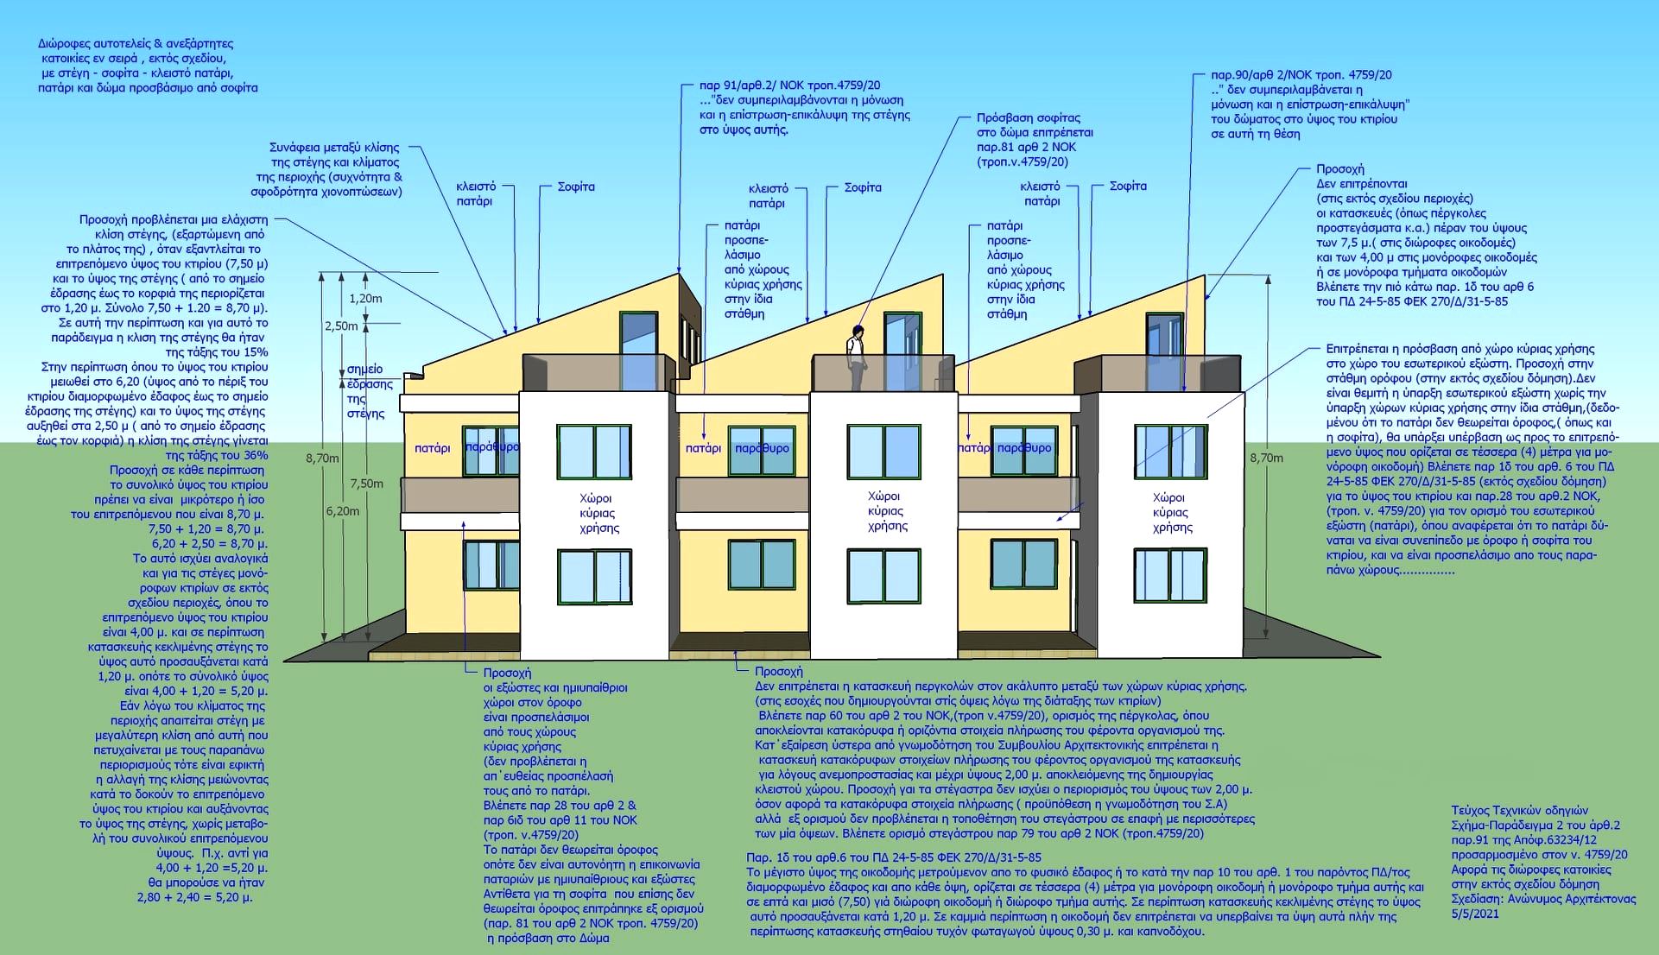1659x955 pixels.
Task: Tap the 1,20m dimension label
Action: (365, 299)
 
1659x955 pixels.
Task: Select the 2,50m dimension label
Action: (340, 326)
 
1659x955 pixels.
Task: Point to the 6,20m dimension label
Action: (343, 511)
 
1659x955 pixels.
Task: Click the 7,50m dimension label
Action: (366, 484)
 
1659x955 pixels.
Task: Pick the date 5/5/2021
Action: (1475, 914)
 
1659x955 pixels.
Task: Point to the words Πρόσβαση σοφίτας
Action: (1016, 117)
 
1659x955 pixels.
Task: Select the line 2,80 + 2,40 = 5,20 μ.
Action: (195, 897)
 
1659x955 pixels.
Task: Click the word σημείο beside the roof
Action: (364, 370)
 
